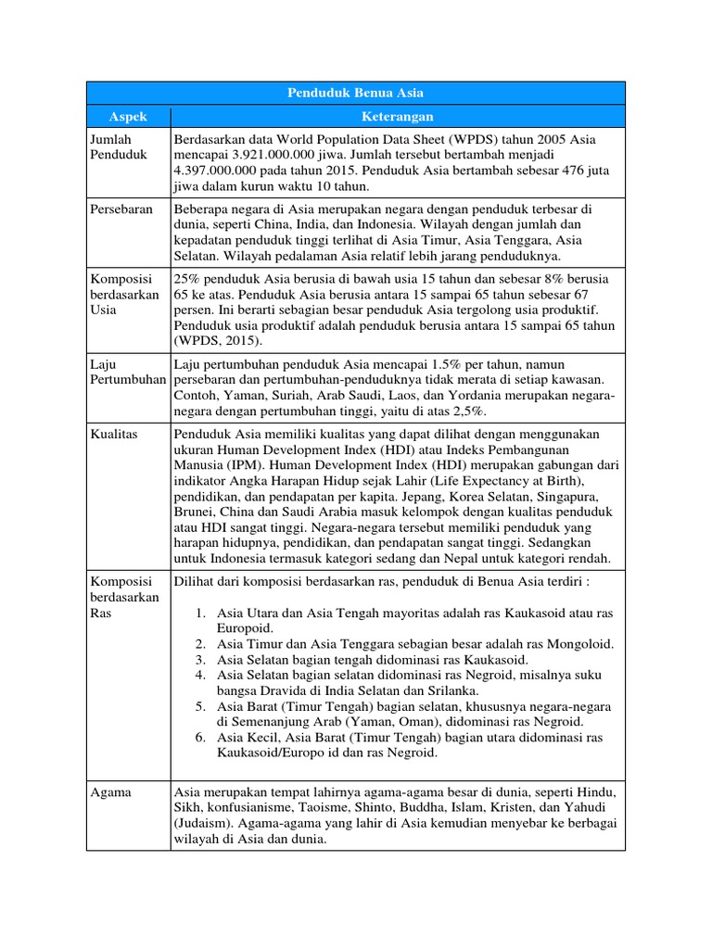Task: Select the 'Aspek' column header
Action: pyautogui.click(x=128, y=117)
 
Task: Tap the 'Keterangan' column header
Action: pyautogui.click(x=398, y=117)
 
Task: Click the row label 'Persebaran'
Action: pyautogui.click(x=121, y=209)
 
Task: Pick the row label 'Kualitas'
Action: pyautogui.click(x=114, y=434)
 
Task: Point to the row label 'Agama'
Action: pyautogui.click(x=110, y=792)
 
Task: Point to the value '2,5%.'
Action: pyautogui.click(x=471, y=411)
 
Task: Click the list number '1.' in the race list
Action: pyautogui.click(x=202, y=613)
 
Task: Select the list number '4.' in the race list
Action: pyautogui.click(x=202, y=676)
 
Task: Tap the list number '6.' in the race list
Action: pyautogui.click(x=202, y=738)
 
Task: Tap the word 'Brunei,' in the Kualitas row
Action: pyautogui.click(x=196, y=511)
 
